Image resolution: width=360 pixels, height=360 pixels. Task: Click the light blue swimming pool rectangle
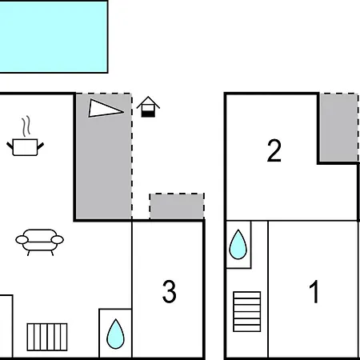tap(54, 37)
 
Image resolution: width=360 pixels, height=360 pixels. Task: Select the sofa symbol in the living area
tap(39, 242)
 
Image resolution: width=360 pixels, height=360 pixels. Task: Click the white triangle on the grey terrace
tap(106, 108)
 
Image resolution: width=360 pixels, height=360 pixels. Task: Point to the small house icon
tap(148, 106)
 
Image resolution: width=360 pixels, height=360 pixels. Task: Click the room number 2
tap(274, 150)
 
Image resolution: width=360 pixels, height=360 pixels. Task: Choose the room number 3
tap(170, 291)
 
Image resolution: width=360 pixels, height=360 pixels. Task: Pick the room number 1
tap(314, 291)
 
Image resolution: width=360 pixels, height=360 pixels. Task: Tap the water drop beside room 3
tap(115, 334)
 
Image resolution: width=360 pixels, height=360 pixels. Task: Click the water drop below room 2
tap(238, 244)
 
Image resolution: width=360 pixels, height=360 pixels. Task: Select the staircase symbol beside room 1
tap(247, 311)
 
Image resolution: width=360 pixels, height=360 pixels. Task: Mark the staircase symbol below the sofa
tap(47, 337)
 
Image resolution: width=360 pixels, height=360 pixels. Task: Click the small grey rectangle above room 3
tap(177, 206)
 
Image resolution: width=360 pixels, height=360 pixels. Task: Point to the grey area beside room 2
tap(339, 127)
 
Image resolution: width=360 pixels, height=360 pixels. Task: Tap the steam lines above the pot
tap(26, 126)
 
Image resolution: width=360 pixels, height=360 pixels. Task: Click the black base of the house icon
tap(148, 114)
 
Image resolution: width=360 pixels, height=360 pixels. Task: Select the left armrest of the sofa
tap(22, 240)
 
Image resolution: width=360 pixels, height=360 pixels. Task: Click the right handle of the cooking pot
tap(41, 146)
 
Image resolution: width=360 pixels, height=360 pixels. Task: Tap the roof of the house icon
tap(148, 102)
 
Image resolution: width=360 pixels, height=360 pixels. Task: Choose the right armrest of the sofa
tap(58, 240)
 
